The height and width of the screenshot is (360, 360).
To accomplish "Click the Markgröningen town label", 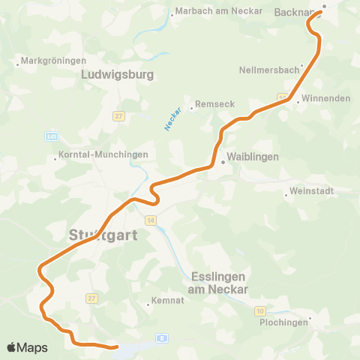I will click(49, 60).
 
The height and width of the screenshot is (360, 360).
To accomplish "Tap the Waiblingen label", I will click(252, 157).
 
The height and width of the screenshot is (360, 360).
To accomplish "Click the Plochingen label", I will click(285, 322).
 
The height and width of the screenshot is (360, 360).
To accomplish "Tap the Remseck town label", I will click(209, 105).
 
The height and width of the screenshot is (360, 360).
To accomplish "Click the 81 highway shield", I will click(51, 136).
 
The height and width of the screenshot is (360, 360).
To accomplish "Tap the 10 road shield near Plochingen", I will click(259, 310).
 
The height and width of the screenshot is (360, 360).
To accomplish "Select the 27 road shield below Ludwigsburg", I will click(118, 116).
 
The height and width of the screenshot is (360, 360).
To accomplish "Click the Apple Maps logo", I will click(27, 347).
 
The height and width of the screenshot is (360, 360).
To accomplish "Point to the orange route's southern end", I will click(117, 347).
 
